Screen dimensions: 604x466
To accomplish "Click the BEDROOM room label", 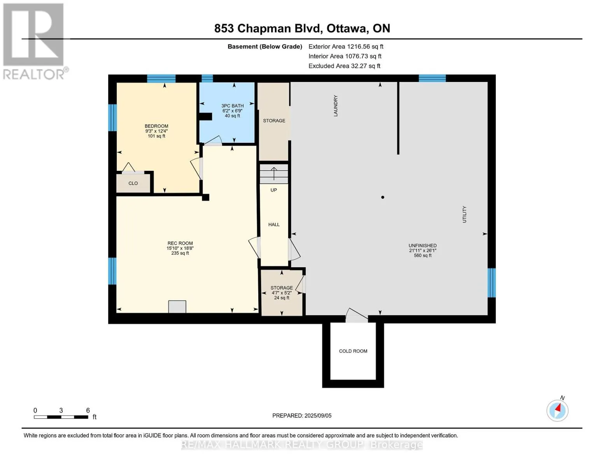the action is pyautogui.click(x=156, y=126).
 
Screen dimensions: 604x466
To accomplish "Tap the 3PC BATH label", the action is pyautogui.click(x=232, y=106).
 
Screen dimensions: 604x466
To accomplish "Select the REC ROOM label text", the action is pyautogui.click(x=180, y=243).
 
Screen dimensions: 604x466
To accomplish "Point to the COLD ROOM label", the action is pyautogui.click(x=353, y=351).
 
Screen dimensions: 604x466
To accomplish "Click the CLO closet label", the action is pyautogui.click(x=133, y=183).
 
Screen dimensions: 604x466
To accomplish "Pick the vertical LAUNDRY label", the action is pyautogui.click(x=336, y=106).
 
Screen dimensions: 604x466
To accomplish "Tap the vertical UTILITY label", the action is pyautogui.click(x=464, y=214).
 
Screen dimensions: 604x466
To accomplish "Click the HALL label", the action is pyautogui.click(x=274, y=224).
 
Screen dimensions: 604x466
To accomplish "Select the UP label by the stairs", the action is pyautogui.click(x=274, y=190).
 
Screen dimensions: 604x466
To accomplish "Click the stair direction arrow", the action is pyautogui.click(x=274, y=174).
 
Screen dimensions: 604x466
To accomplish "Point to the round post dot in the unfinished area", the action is pyautogui.click(x=383, y=197).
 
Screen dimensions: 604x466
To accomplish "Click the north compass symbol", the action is pyautogui.click(x=557, y=410).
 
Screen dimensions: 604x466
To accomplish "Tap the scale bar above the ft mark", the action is pyautogui.click(x=61, y=417).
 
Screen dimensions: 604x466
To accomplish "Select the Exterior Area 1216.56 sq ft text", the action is pyautogui.click(x=346, y=47).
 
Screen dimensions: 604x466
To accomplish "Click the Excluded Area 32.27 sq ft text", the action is pyautogui.click(x=344, y=66).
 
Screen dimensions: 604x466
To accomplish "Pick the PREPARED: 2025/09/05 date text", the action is pyautogui.click(x=302, y=416).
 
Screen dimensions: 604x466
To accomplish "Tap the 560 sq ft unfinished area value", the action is pyautogui.click(x=422, y=256).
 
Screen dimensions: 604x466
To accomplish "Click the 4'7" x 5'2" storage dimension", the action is pyautogui.click(x=282, y=293).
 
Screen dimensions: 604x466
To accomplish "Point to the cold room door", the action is pyautogui.click(x=357, y=316).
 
